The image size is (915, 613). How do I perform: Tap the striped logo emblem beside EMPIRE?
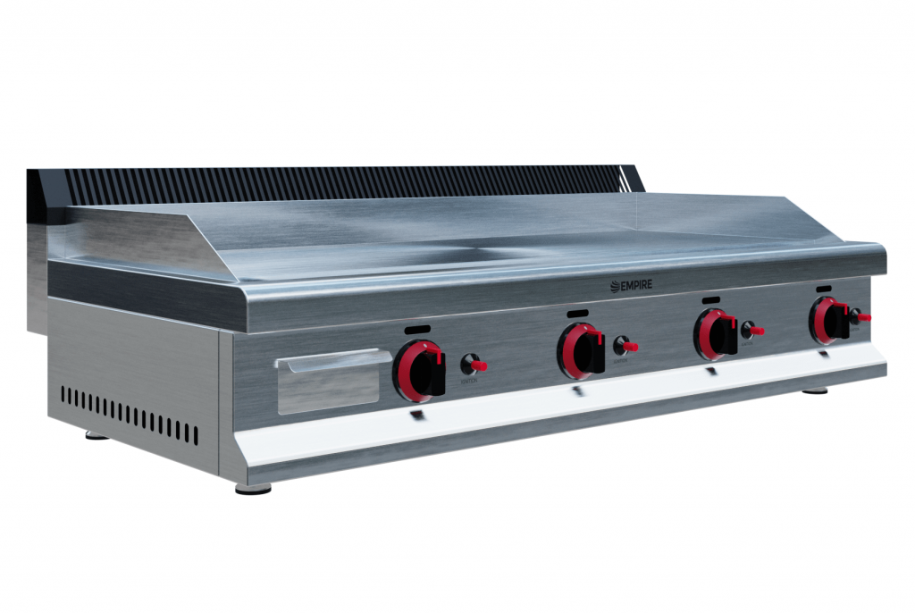click(x=615, y=286)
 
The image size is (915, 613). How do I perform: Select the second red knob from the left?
click(x=580, y=350)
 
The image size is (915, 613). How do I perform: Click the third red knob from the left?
click(x=717, y=335)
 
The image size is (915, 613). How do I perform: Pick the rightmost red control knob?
click(x=827, y=321)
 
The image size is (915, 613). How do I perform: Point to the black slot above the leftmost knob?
click(x=417, y=330)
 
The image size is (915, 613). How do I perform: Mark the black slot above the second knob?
click(x=577, y=313)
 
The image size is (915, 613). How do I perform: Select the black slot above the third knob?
click(x=711, y=299)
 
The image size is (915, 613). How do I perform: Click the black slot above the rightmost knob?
click(x=824, y=289)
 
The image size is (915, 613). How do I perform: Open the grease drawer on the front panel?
click(x=331, y=382)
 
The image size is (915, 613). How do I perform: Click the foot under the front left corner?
click(x=253, y=489)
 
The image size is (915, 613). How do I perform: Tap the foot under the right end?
click(x=814, y=390)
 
